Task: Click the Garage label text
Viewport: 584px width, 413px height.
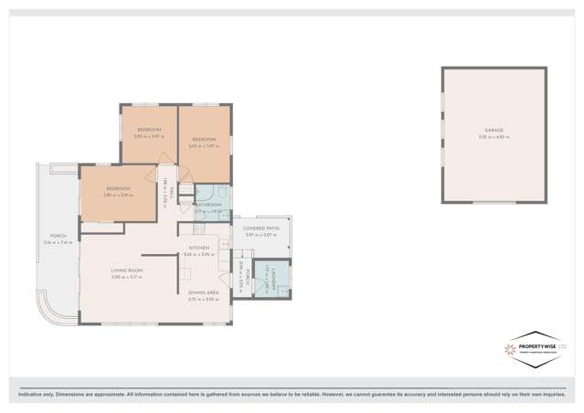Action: (494, 131)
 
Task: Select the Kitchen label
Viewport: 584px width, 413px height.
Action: (199, 248)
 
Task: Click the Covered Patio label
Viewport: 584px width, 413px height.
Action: (260, 229)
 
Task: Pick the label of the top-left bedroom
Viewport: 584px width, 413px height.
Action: (149, 130)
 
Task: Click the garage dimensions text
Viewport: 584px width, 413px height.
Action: (494, 136)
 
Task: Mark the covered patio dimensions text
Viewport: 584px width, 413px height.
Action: (260, 236)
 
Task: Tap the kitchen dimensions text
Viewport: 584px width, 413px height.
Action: (199, 254)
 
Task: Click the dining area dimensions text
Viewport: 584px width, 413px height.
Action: (203, 299)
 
